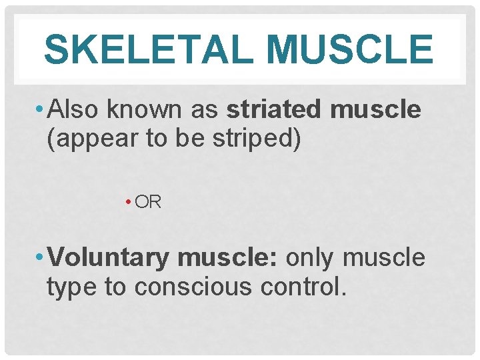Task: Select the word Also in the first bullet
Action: click(x=74, y=109)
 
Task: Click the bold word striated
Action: click(x=275, y=109)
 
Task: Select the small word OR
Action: click(x=148, y=202)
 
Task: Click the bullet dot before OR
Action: click(x=127, y=202)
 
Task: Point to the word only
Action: click(x=313, y=257)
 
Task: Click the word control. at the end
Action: click(x=305, y=287)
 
